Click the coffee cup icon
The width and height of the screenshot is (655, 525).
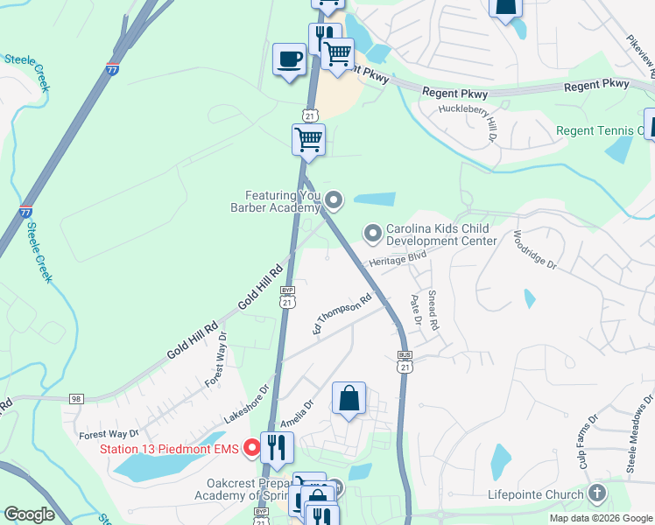tap(290, 59)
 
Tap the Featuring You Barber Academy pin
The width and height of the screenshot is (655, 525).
tap(334, 201)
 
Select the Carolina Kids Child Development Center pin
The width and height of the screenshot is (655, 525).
tap(373, 233)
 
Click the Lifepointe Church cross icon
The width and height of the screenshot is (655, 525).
tap(598, 494)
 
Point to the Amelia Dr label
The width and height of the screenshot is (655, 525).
tap(296, 413)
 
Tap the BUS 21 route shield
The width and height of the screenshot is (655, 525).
tap(405, 362)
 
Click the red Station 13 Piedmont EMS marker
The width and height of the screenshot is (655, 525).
tap(252, 450)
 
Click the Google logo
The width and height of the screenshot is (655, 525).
tap(29, 514)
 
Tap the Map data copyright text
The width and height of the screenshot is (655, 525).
tap(600, 518)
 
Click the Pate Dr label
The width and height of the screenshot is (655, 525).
tap(416, 311)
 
